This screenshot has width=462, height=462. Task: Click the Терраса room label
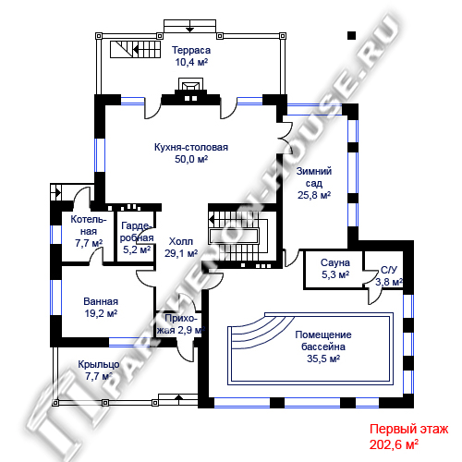(191, 50)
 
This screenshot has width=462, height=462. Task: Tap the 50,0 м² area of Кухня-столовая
(191, 159)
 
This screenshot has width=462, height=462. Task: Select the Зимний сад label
(314, 177)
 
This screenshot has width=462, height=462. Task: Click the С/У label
(389, 270)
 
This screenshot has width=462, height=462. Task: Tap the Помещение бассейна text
(323, 341)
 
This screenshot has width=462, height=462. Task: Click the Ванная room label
(101, 301)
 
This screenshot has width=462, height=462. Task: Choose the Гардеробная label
(137, 232)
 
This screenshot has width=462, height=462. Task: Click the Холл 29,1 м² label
(181, 248)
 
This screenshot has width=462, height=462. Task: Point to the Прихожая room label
(180, 324)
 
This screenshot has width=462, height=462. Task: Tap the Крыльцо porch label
(99, 364)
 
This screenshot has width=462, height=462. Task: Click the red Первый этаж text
(408, 429)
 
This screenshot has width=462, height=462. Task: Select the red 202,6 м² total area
(394, 444)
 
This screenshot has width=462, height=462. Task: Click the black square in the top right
(352, 36)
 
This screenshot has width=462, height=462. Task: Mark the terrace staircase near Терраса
(136, 49)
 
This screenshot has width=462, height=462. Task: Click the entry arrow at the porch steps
(178, 397)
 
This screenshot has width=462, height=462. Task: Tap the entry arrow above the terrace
(190, 29)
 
